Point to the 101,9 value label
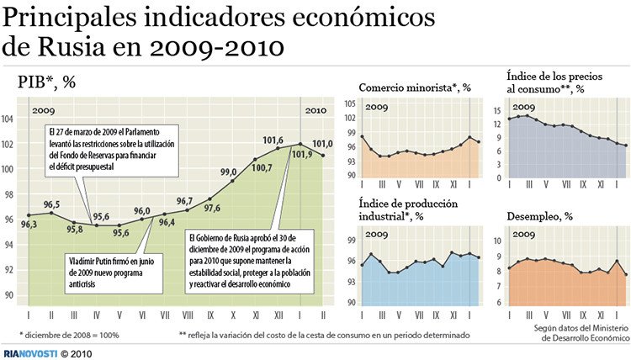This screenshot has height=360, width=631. point(303,153)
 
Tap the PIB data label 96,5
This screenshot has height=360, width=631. point(51,205)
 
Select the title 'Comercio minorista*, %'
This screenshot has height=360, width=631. point(415,87)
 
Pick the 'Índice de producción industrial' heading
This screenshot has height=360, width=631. point(409,209)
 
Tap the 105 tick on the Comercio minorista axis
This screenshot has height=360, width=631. point(349,103)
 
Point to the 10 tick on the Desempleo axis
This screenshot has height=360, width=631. point(498,241)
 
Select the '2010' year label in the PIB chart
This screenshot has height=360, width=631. point(315,110)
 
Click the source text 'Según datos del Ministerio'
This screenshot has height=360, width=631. point(581,328)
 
